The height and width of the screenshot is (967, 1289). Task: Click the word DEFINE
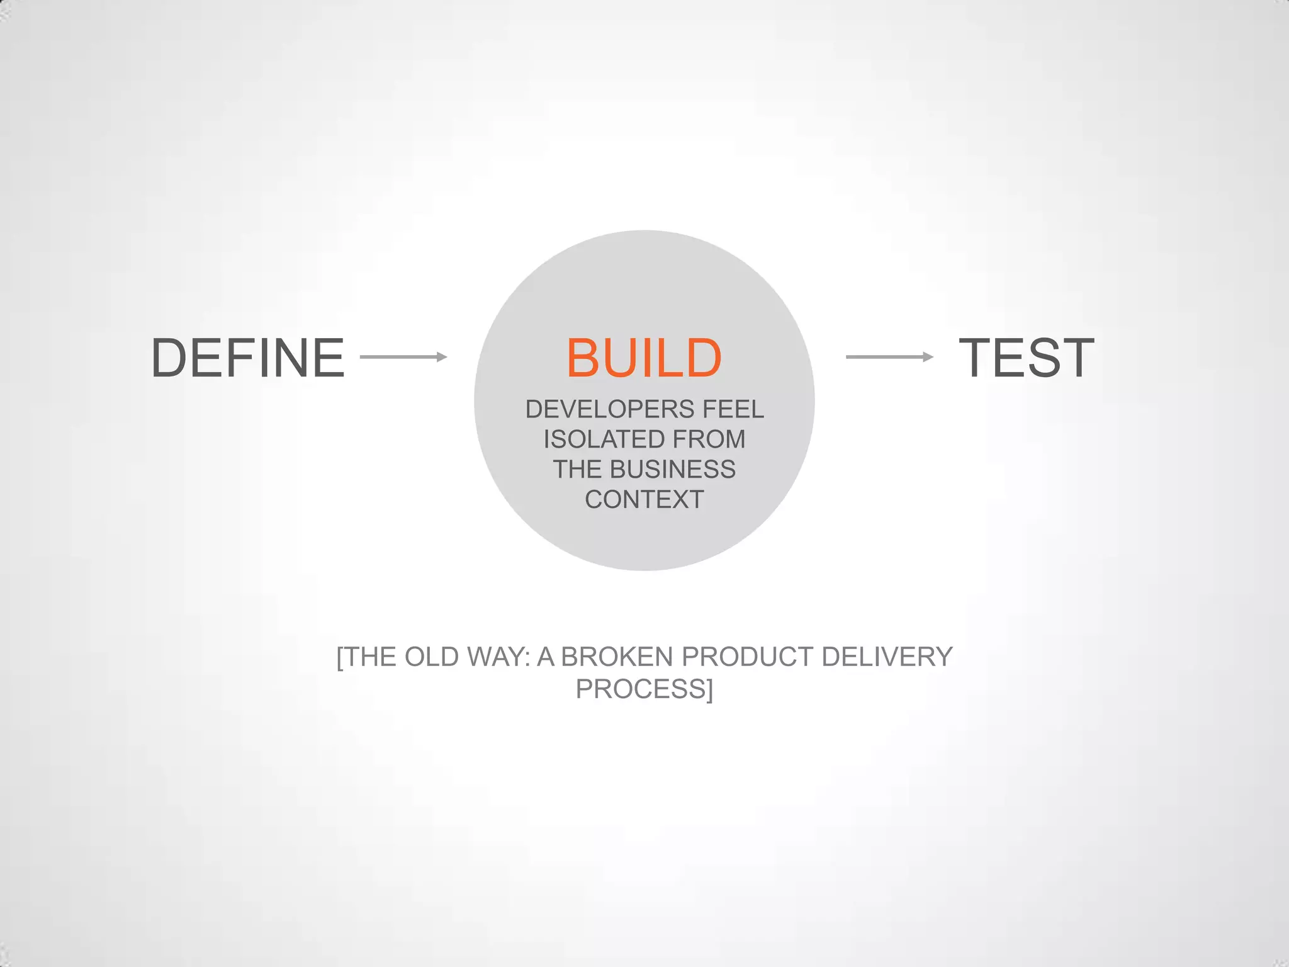tap(248, 358)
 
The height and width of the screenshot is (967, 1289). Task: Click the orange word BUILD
tap(644, 358)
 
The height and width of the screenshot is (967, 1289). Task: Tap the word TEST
tap(1026, 358)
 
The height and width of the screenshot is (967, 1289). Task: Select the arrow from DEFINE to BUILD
tap(403, 357)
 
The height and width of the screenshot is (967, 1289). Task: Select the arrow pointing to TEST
tap(889, 357)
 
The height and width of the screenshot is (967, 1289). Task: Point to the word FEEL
tap(733, 409)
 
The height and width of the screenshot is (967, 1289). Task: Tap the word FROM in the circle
tap(709, 439)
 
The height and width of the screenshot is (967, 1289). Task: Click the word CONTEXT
tap(644, 500)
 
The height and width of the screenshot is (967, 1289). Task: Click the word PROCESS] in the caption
tap(644, 689)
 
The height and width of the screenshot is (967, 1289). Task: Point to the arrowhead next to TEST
tap(928, 357)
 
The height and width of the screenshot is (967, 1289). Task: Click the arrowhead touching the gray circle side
tap(442, 357)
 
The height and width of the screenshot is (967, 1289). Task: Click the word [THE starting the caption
tap(366, 657)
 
